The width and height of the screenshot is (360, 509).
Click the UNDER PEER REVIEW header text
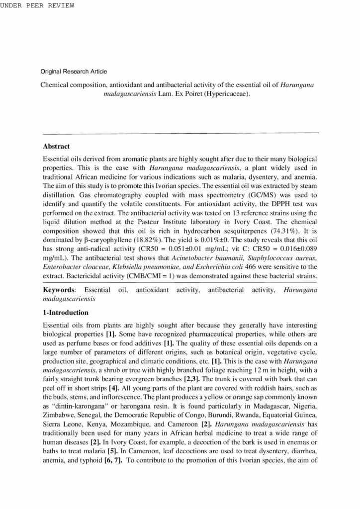point(37,5)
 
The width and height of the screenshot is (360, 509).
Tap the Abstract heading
point(57,147)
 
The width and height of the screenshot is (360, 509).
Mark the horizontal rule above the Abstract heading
point(181,133)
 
